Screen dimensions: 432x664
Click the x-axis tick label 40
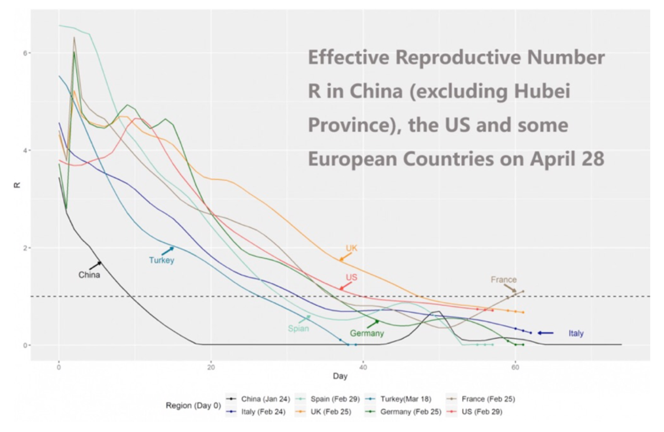[x=363, y=367]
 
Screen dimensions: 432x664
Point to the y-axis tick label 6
[x=25, y=53]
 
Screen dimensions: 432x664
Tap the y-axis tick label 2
[x=25, y=248]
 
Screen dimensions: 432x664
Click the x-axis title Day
[x=340, y=376]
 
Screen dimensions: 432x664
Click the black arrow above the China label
[x=95, y=265]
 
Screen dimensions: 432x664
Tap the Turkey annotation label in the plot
[x=162, y=260]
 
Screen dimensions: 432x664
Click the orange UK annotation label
[x=351, y=248]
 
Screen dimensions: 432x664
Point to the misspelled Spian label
[x=298, y=329]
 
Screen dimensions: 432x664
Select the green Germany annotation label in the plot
[x=367, y=334]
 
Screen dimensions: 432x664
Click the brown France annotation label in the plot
[x=503, y=280]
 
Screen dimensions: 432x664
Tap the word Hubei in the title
[x=542, y=92]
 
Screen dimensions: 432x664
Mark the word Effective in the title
[x=348, y=58]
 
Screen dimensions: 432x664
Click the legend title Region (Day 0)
[x=193, y=405]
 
